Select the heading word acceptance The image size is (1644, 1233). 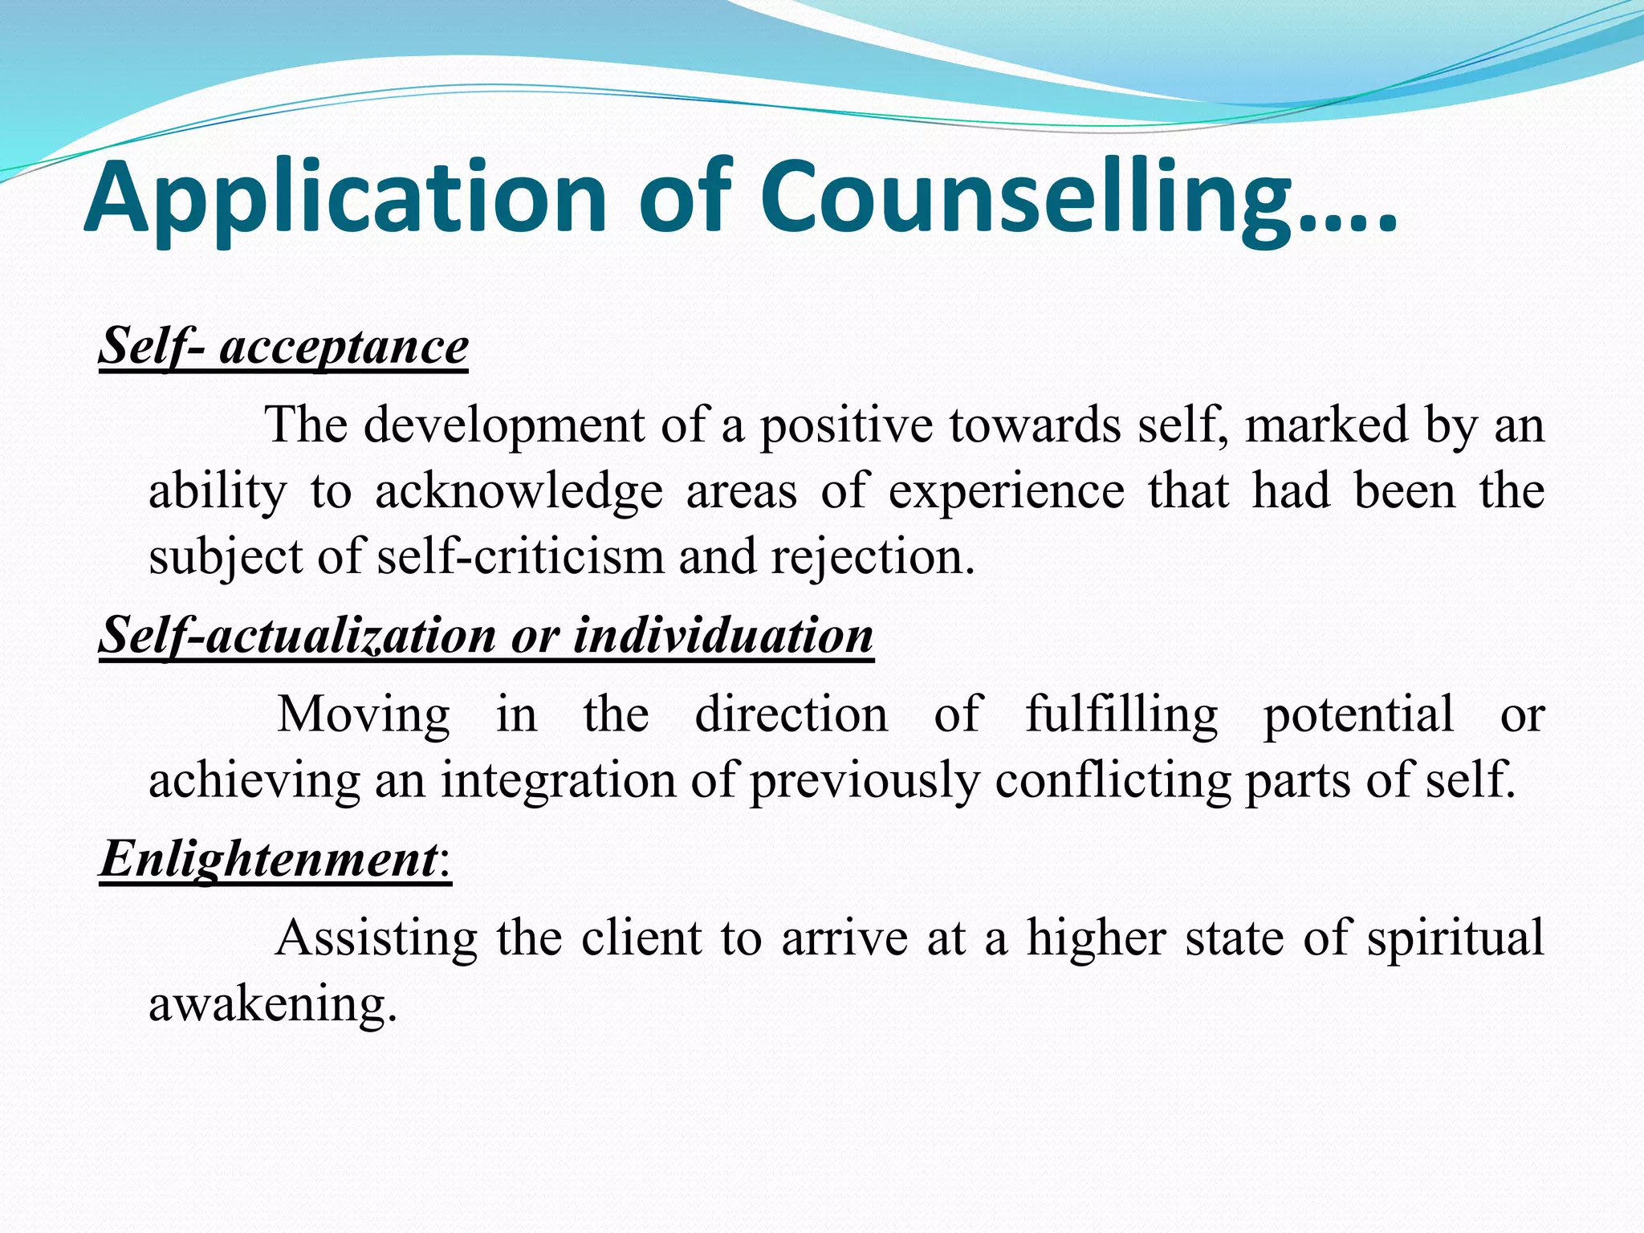point(344,347)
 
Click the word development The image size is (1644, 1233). point(503,425)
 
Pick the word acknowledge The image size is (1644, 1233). point(519,491)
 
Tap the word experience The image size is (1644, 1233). point(1006,491)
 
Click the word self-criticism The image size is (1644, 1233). point(520,556)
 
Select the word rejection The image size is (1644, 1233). point(872,556)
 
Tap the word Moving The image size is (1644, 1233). point(363,714)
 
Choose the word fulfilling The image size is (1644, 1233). point(1121,714)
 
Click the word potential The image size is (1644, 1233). point(1358,714)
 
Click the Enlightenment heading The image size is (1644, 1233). point(268,858)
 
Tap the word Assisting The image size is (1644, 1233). point(376,937)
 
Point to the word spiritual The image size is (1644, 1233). point(1455,937)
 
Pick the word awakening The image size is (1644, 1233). point(273,1003)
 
